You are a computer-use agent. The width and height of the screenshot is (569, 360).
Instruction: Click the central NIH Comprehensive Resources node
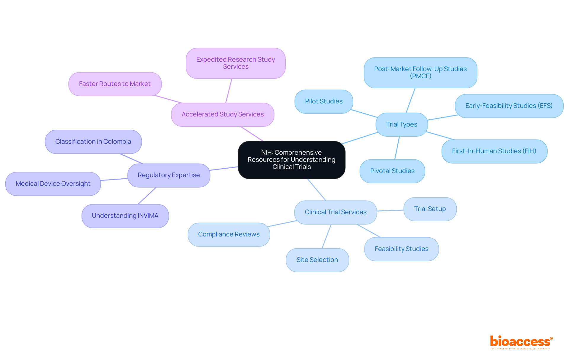pyautogui.click(x=292, y=160)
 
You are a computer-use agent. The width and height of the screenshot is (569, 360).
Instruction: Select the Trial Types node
pyautogui.click(x=402, y=124)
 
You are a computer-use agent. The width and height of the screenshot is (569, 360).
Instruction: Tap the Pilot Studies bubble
pyautogui.click(x=324, y=101)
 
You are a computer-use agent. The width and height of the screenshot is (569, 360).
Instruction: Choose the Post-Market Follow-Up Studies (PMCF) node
pyautogui.click(x=420, y=73)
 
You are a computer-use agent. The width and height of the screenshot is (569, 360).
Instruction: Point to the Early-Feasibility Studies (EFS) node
pyautogui.click(x=509, y=106)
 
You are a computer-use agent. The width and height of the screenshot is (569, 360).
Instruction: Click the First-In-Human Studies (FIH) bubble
pyautogui.click(x=494, y=151)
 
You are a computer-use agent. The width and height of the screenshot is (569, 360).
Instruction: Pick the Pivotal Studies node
pyautogui.click(x=392, y=171)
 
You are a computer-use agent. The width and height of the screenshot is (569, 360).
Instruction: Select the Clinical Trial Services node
pyautogui.click(x=335, y=212)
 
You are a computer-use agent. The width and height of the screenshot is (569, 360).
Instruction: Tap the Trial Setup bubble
pyautogui.click(x=430, y=209)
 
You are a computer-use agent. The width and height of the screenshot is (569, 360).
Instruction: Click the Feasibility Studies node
pyautogui.click(x=401, y=249)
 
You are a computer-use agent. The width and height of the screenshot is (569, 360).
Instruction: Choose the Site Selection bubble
pyautogui.click(x=317, y=260)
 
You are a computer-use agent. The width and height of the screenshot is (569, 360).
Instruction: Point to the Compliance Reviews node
pyautogui.click(x=229, y=234)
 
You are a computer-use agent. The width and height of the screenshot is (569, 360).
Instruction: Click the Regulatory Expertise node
pyautogui.click(x=169, y=175)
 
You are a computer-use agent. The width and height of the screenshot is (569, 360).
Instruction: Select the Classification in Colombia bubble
pyautogui.click(x=93, y=142)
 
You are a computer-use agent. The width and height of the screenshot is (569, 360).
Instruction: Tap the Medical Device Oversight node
pyautogui.click(x=53, y=184)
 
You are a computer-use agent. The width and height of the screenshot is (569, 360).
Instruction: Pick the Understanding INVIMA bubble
pyautogui.click(x=125, y=216)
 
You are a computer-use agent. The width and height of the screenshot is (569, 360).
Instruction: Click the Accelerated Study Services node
pyautogui.click(x=223, y=114)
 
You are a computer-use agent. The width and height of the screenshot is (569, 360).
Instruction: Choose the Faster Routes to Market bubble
pyautogui.click(x=115, y=84)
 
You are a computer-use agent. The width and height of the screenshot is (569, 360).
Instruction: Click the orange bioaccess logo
pyautogui.click(x=521, y=342)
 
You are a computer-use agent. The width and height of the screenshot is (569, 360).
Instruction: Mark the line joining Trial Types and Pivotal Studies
pyautogui.click(x=397, y=148)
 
